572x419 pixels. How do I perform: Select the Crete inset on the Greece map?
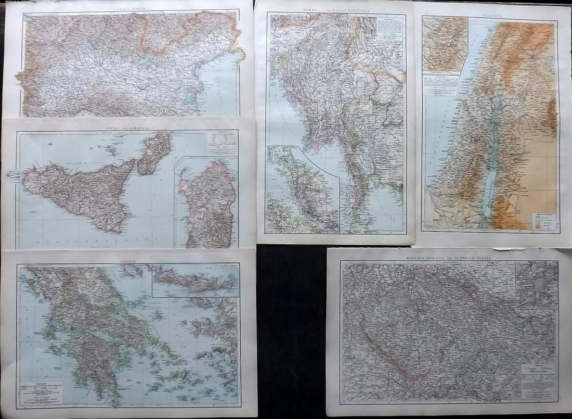[196, 280]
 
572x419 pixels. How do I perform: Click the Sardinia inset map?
[207, 203]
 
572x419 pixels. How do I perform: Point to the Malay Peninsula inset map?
[302, 190]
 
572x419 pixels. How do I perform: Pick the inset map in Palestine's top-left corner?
[445, 46]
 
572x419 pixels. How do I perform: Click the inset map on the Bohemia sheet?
[536, 284]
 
